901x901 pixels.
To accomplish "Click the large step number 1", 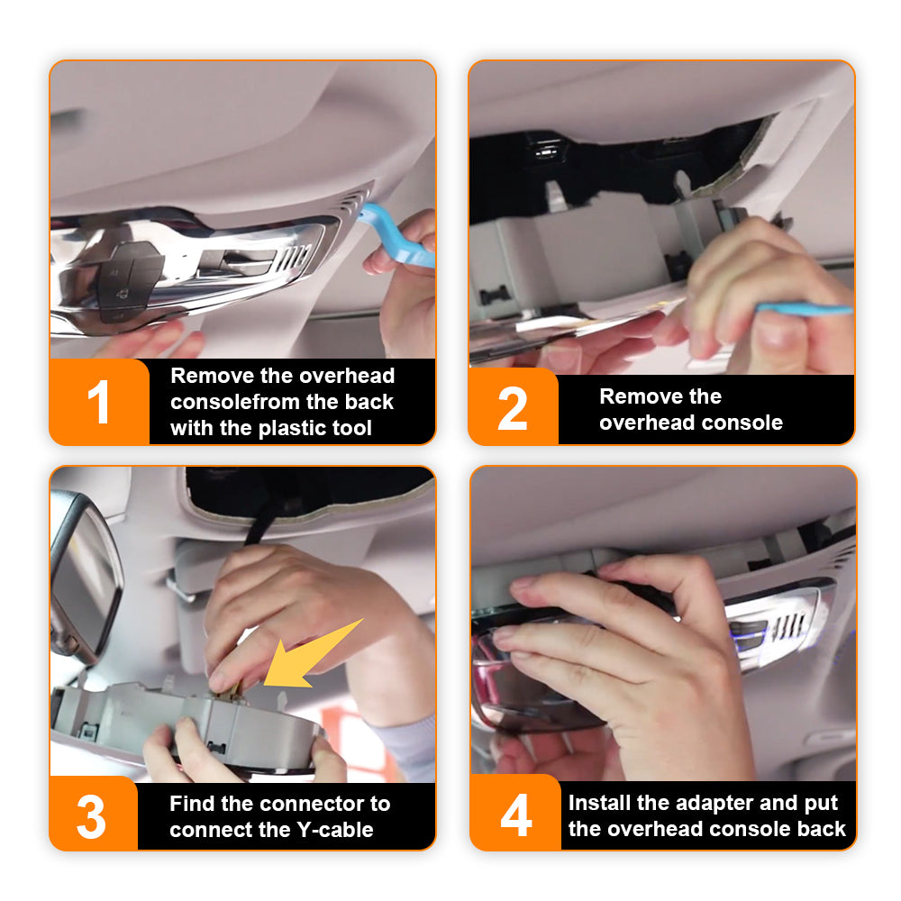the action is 99,402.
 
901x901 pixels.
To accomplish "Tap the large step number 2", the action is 513,408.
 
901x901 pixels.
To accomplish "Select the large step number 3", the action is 91,816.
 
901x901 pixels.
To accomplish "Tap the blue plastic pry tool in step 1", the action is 396,235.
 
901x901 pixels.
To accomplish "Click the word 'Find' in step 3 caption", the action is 191,804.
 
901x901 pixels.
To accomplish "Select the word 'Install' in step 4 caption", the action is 597,802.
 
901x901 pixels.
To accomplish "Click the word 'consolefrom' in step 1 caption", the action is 233,402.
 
